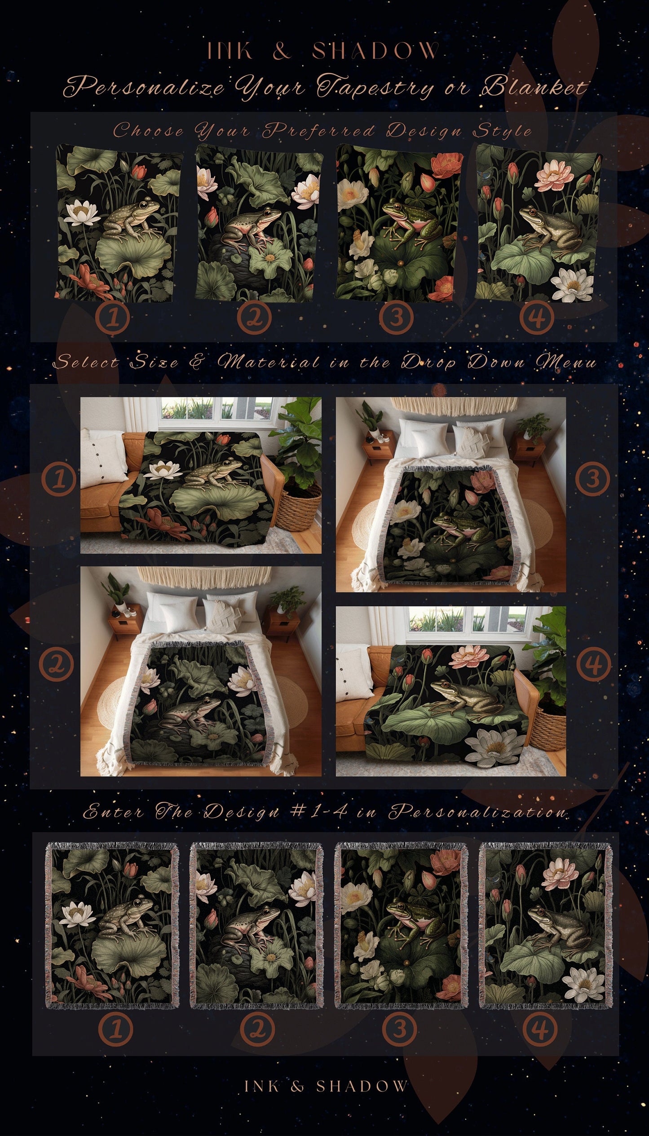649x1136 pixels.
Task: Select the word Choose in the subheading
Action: [x=148, y=131]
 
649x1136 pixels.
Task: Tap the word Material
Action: [x=268, y=362]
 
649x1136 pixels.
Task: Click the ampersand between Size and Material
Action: [x=196, y=362]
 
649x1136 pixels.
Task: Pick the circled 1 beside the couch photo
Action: [x=58, y=480]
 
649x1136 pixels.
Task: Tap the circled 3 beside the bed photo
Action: [x=593, y=479]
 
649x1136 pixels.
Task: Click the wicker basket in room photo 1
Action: [x=298, y=506]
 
